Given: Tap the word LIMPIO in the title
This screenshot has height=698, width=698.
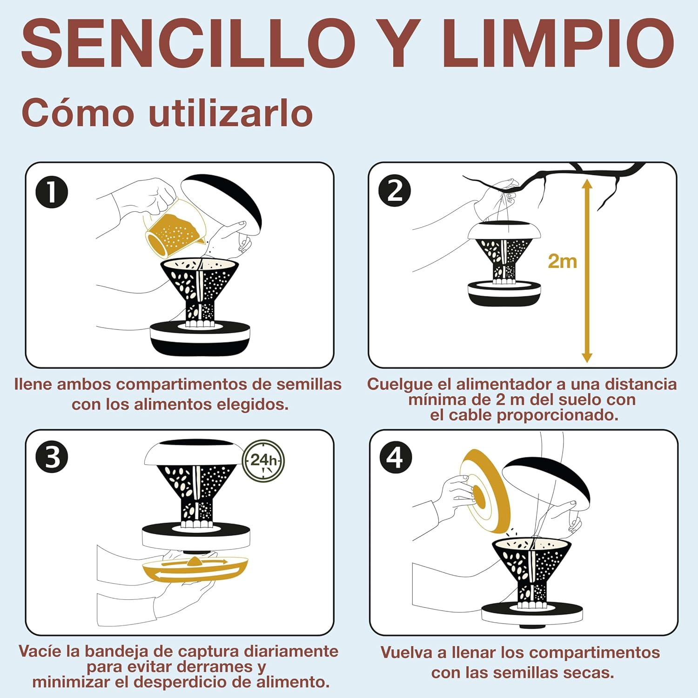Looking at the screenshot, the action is point(557,44).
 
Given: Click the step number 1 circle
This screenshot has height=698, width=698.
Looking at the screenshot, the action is point(52,193).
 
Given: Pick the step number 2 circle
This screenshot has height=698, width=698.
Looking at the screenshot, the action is point(395,191).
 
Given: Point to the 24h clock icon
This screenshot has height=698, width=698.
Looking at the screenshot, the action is point(263,461).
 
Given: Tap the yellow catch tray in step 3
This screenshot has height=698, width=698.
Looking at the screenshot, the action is point(195,569).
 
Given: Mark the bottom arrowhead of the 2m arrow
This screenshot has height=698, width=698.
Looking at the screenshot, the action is point(587,357).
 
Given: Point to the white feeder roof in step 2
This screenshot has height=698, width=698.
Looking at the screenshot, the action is point(506,231).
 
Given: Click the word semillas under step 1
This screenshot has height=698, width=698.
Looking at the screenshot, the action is point(309,384).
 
